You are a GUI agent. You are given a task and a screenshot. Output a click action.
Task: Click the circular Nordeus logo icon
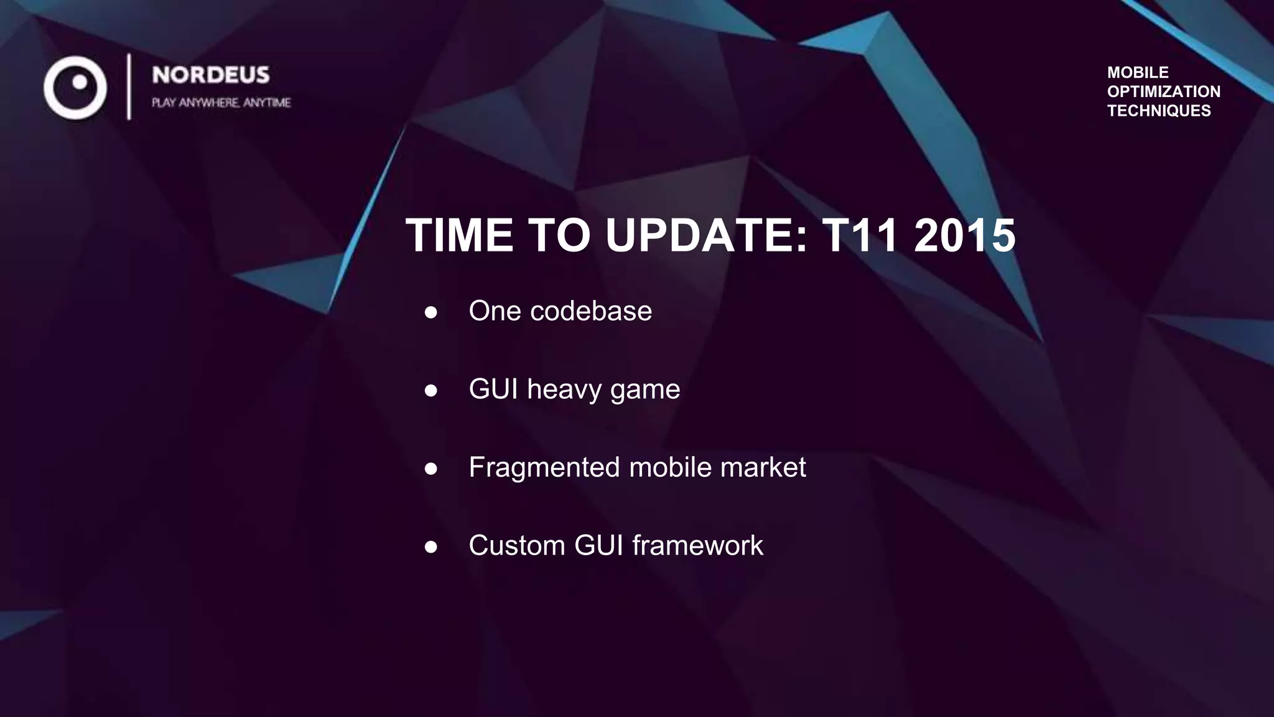(75, 88)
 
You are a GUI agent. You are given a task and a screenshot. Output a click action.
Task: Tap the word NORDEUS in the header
(211, 75)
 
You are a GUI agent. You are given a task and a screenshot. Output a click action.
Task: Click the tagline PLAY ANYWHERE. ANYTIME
(221, 103)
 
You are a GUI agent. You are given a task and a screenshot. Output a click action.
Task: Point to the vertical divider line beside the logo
(129, 87)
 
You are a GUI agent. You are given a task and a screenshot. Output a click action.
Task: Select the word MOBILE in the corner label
(1137, 72)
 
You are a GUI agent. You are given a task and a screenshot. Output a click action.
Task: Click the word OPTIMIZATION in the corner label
(1163, 91)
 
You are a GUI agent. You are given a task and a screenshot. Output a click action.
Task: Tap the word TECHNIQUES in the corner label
(1158, 111)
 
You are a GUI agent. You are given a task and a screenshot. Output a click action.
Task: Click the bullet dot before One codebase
(430, 312)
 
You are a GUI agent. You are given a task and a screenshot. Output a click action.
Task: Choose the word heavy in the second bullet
(564, 390)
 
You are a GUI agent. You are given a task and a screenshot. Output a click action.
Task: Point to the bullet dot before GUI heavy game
(430, 391)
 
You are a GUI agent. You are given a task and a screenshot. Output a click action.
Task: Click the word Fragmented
(544, 467)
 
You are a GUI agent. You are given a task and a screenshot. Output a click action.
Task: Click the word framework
(697, 545)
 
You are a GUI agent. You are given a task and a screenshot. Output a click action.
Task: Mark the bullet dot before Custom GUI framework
(430, 547)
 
